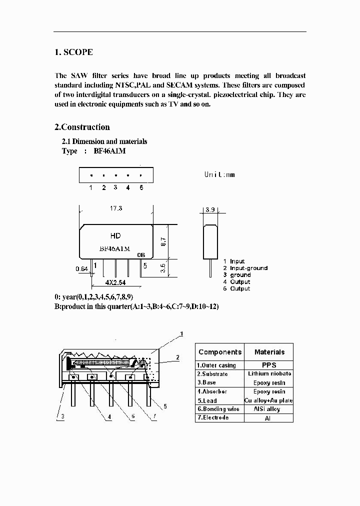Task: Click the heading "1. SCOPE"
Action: [x=73, y=52]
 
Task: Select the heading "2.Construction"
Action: [x=82, y=127]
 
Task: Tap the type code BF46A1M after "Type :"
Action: [x=109, y=151]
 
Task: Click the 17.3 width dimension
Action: [x=115, y=208]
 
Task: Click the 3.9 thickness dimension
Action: [x=209, y=210]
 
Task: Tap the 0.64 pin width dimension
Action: [x=81, y=269]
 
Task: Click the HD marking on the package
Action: [x=115, y=235]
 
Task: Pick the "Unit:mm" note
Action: [x=219, y=174]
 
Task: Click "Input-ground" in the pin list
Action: [x=248, y=268]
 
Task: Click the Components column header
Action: [x=219, y=352]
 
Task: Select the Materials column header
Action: [x=269, y=352]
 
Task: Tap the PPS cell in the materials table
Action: [x=269, y=365]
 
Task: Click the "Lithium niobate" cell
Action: [x=269, y=374]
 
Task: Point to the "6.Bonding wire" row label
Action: [x=218, y=409]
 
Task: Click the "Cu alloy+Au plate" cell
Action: [x=269, y=400]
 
